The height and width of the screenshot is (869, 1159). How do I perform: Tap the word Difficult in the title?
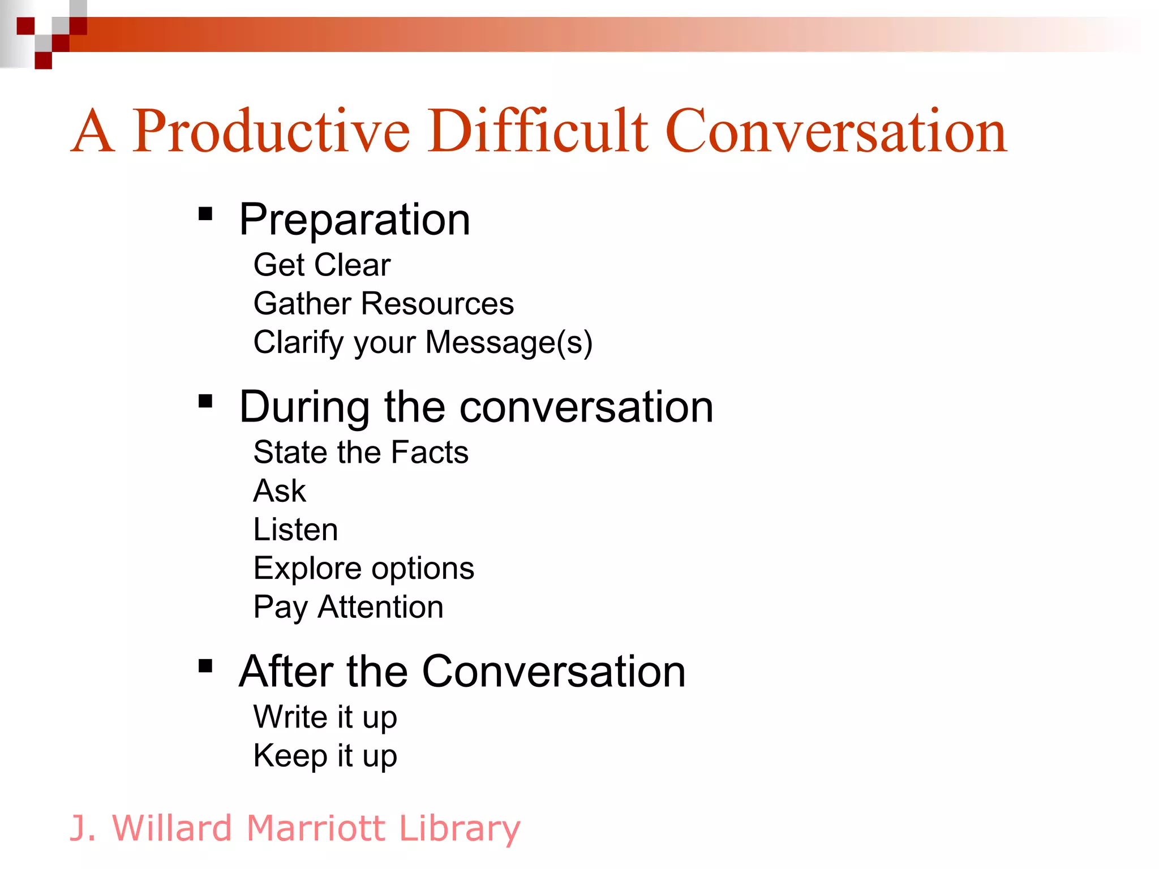[x=537, y=131]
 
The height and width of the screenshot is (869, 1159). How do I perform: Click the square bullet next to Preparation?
[x=205, y=214]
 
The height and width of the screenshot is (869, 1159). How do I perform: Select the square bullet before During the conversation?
[x=205, y=401]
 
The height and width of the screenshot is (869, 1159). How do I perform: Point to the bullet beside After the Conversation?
[x=205, y=666]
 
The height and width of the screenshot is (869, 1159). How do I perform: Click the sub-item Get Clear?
[x=321, y=265]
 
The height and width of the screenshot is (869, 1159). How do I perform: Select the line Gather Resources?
[x=383, y=303]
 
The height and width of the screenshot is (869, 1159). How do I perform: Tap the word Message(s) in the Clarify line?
[x=508, y=342]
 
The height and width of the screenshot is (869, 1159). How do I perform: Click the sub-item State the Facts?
[x=360, y=452]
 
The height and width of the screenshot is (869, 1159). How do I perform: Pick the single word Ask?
[x=280, y=491]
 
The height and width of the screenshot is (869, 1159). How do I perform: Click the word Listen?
[x=295, y=530]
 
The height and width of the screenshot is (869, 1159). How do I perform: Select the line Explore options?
[x=363, y=568]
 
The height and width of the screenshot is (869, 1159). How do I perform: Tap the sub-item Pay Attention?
[x=348, y=607]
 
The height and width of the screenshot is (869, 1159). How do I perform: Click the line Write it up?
[x=325, y=717]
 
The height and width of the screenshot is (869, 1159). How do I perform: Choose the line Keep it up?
[x=325, y=756]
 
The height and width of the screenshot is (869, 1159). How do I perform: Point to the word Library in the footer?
[x=459, y=828]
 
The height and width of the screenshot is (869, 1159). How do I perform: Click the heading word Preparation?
[x=354, y=220]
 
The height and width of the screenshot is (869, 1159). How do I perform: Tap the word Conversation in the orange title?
[x=836, y=131]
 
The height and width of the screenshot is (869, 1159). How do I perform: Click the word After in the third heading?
[x=286, y=672]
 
